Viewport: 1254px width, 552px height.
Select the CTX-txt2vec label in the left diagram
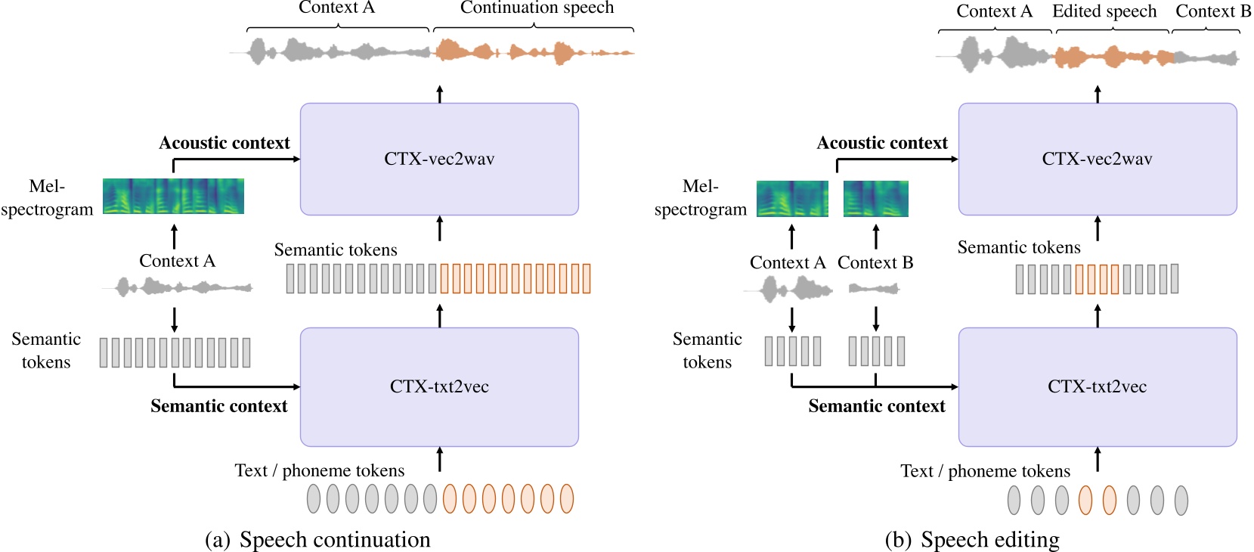coord(439,386)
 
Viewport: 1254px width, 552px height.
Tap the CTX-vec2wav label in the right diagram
coord(1097,159)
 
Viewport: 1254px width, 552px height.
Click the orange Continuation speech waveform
coord(533,52)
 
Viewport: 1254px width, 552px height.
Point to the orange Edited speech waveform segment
coord(1113,57)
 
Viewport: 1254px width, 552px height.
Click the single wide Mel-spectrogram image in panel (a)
coord(173,196)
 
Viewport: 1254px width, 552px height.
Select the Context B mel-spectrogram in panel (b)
coord(875,199)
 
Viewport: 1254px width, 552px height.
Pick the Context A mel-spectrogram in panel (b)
coord(792,199)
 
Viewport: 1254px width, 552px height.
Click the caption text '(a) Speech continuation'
coord(317,539)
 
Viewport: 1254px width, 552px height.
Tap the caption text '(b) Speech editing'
coord(972,539)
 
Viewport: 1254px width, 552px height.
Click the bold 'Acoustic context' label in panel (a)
coord(224,143)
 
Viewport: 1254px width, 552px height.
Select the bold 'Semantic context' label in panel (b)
coord(877,406)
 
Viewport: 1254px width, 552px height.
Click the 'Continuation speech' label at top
coord(537,8)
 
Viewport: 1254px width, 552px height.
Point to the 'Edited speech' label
coord(1104,11)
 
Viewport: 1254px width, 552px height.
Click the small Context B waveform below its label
coord(874,288)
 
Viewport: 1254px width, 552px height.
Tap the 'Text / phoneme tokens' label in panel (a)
coord(319,470)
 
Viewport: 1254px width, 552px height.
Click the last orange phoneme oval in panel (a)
coord(566,498)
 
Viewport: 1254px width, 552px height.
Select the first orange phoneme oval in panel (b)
coord(1085,500)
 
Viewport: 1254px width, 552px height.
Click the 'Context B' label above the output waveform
coord(1212,11)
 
